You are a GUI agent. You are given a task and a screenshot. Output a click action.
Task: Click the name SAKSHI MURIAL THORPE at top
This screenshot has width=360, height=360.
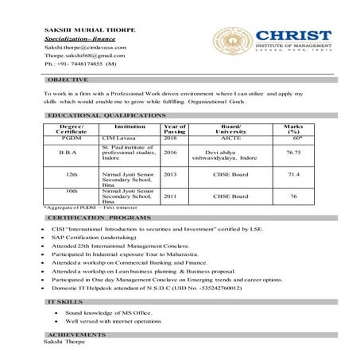click(x=90, y=29)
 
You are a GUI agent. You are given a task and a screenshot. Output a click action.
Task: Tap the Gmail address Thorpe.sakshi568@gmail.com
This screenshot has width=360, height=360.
click(x=85, y=56)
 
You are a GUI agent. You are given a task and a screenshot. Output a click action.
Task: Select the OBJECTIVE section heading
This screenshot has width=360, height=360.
click(x=68, y=80)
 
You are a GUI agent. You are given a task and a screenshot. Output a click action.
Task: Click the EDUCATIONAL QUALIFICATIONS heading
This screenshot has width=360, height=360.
click(x=105, y=116)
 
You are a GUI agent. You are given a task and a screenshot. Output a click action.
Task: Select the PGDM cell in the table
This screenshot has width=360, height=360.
click(x=72, y=138)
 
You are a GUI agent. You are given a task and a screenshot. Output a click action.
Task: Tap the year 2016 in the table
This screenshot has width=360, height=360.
click(x=170, y=152)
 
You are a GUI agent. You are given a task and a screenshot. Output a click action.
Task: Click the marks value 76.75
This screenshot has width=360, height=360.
click(x=293, y=152)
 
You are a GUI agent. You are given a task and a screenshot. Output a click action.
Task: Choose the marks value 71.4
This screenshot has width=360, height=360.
click(x=293, y=174)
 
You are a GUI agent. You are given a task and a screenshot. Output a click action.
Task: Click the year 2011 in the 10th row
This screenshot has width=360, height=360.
click(x=170, y=195)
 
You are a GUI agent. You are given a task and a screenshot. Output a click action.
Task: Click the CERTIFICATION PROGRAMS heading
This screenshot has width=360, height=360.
click(x=98, y=217)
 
